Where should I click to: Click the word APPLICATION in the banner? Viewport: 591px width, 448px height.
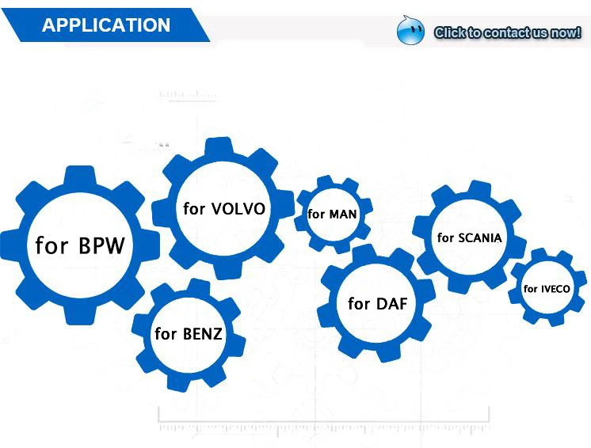click(x=106, y=25)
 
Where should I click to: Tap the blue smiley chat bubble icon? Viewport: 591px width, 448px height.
click(x=410, y=31)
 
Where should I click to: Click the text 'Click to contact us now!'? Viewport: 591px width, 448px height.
click(x=507, y=32)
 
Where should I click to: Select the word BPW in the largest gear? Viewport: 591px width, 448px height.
click(x=101, y=245)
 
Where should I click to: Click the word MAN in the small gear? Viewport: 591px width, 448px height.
click(x=342, y=215)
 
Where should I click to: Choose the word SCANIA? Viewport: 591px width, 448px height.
click(x=480, y=238)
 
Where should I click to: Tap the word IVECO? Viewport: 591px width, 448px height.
click(x=555, y=289)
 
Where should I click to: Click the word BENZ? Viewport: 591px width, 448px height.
click(x=202, y=334)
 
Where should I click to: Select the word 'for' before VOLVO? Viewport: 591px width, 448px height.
click(x=194, y=208)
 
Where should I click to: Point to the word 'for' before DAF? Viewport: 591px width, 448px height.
click(x=359, y=303)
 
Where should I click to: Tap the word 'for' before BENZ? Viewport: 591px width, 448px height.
click(x=166, y=333)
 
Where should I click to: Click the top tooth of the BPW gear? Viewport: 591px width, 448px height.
click(x=79, y=175)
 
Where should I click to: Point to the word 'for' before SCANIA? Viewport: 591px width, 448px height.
click(x=445, y=237)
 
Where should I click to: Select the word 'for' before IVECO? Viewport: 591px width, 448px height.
click(x=531, y=289)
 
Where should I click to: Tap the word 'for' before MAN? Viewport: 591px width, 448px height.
click(x=316, y=215)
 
